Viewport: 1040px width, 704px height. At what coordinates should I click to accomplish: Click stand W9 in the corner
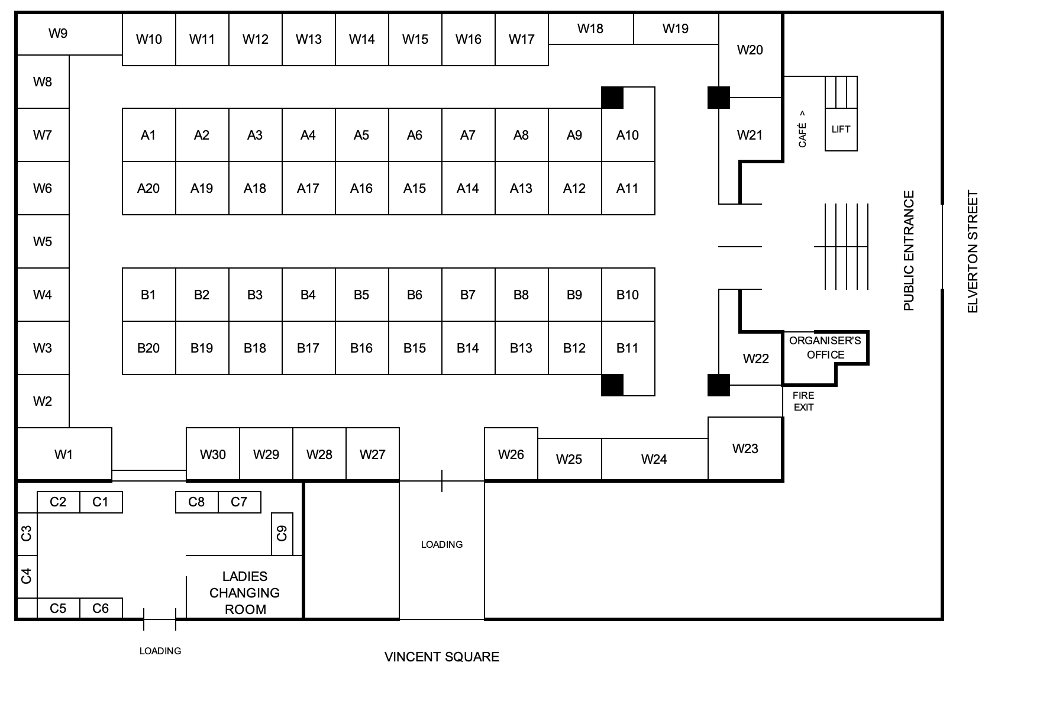click(x=58, y=34)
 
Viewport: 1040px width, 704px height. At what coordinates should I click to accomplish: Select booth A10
click(x=628, y=135)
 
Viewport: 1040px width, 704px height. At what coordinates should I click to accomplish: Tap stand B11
click(x=628, y=348)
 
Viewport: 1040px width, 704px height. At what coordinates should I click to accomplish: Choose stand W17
click(x=521, y=40)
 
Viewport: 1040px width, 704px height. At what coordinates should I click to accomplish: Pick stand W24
click(x=654, y=459)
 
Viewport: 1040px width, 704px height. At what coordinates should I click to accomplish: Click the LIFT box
click(x=841, y=130)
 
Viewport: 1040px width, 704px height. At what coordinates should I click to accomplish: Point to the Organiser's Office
click(x=825, y=348)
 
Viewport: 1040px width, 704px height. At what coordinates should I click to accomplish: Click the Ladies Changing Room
click(x=245, y=592)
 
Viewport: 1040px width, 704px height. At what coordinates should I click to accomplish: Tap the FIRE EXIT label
click(x=803, y=401)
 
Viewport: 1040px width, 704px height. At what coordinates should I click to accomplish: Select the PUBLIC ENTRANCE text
click(x=909, y=250)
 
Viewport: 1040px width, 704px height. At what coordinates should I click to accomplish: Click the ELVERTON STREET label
click(x=973, y=251)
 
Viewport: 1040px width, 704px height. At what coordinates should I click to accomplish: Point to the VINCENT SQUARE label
click(x=441, y=657)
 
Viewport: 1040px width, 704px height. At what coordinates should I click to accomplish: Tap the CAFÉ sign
click(x=802, y=129)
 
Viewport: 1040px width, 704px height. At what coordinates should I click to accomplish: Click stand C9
click(x=282, y=534)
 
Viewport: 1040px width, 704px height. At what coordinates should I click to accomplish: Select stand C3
click(x=27, y=534)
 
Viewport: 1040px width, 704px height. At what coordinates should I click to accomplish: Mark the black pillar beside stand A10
click(x=612, y=98)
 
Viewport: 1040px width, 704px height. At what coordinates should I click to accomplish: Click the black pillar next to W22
click(x=719, y=385)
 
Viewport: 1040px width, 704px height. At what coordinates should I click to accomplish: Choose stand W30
click(x=213, y=454)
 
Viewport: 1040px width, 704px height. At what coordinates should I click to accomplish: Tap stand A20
click(x=148, y=188)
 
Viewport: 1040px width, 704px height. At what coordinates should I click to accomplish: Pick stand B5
click(x=361, y=295)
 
